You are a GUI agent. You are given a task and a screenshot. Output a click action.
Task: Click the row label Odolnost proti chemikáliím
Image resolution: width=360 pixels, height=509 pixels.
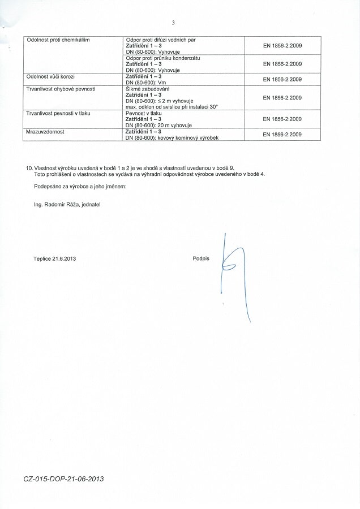(x=58, y=40)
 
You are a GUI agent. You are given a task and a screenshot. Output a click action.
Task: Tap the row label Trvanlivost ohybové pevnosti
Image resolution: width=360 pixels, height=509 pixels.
(x=61, y=89)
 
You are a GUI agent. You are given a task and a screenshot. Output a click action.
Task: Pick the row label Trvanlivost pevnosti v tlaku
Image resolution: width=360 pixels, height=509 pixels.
(x=58, y=113)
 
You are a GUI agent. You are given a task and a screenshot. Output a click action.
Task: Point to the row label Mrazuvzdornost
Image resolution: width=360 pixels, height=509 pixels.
(x=45, y=131)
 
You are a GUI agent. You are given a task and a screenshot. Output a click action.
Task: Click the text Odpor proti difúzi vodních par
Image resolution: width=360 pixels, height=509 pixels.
(x=161, y=40)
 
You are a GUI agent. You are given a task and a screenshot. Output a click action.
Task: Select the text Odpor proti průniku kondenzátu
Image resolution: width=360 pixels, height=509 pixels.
(x=163, y=58)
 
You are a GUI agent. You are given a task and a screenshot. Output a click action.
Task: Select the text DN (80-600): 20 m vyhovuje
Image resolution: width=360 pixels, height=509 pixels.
(x=158, y=125)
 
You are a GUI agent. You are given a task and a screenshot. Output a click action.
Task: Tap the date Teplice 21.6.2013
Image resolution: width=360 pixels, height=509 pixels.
(x=55, y=258)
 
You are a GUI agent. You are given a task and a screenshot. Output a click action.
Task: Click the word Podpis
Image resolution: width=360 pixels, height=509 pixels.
(x=201, y=258)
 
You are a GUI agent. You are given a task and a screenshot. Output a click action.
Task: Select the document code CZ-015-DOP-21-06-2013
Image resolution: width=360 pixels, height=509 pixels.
(x=64, y=478)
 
